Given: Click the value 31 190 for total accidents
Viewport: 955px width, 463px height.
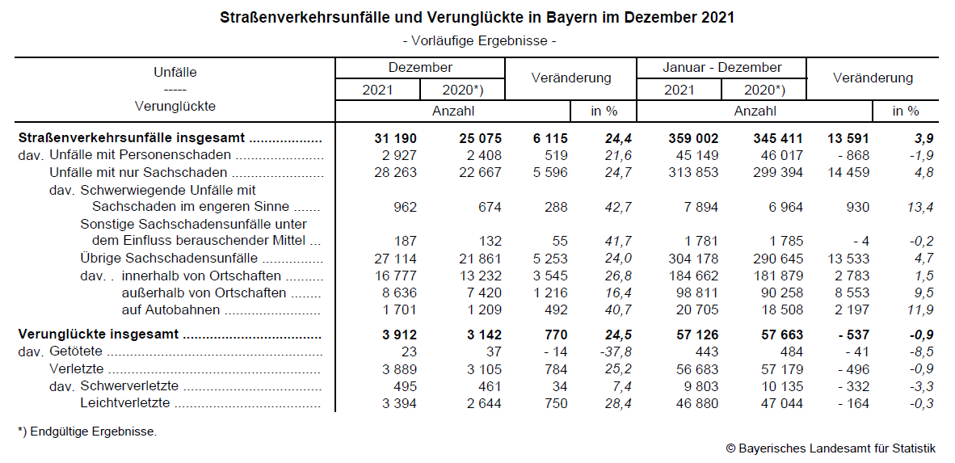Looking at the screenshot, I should (397, 138).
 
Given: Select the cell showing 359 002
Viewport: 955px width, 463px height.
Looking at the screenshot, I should (691, 138).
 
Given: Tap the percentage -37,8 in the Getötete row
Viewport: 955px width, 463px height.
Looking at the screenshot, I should (613, 351).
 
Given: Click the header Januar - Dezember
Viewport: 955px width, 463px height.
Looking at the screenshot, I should (722, 68).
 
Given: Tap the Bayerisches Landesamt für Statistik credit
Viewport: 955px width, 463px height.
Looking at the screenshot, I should (831, 448).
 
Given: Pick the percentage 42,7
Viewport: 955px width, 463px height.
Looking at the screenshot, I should (616, 208).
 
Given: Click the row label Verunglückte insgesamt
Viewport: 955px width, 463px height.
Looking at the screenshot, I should (99, 335).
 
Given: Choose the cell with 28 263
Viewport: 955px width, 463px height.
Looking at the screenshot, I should (397, 172).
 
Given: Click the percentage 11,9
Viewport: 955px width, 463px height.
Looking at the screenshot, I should (921, 309).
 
